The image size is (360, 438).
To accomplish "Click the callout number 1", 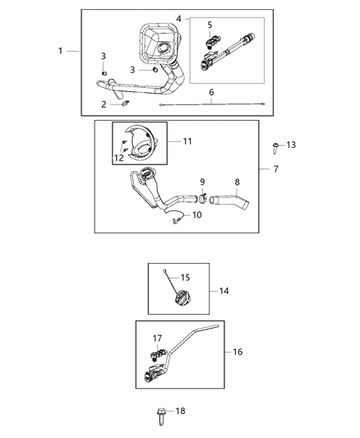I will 61,51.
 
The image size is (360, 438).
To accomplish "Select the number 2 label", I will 104,104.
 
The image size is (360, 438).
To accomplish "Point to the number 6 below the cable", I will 211,94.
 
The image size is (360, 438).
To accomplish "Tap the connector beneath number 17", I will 155,358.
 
